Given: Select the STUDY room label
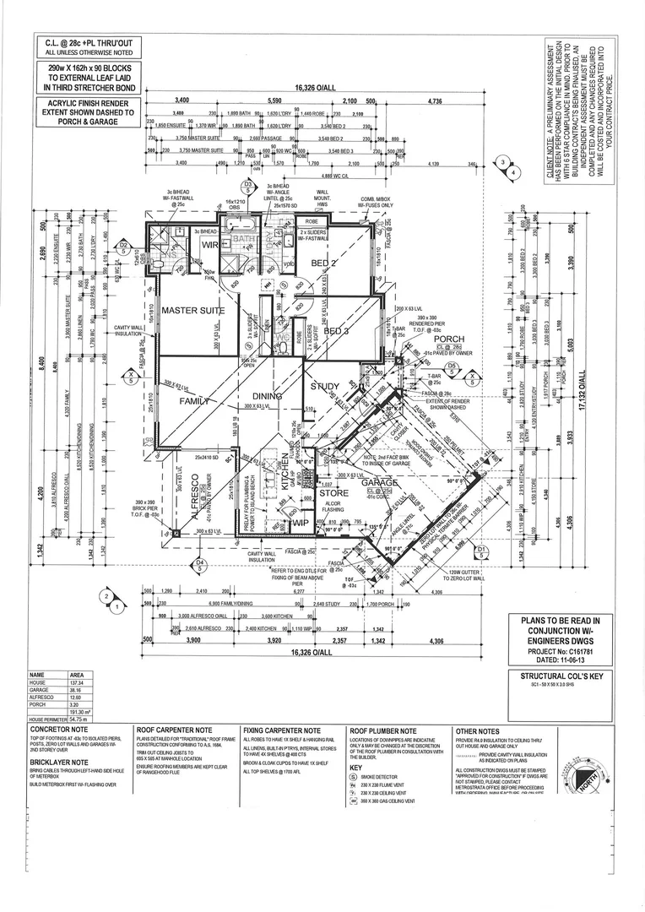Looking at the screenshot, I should tap(324, 388).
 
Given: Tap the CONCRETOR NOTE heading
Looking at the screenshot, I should tap(59, 729).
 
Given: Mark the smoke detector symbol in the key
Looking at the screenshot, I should tap(354, 775).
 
